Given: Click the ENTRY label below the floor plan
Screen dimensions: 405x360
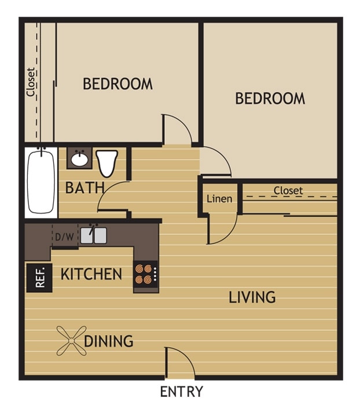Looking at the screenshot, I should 181,392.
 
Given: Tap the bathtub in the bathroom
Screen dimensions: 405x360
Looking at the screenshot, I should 41,181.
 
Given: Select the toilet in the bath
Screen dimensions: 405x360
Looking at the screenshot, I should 107,163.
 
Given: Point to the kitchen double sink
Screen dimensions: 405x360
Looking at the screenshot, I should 93,235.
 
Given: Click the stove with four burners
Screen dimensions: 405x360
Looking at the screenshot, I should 145,274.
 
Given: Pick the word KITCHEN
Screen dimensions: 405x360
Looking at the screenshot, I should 91,274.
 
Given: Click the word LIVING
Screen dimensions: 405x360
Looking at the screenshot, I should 252,297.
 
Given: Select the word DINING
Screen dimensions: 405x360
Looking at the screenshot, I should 109,341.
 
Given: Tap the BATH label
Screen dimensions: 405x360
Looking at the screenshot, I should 85,188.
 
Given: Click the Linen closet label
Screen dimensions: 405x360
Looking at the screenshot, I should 219,199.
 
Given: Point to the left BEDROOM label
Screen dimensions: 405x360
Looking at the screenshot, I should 117,84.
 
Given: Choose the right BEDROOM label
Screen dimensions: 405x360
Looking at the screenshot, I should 270,98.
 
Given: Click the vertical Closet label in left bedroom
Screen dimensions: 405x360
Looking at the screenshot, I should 31,82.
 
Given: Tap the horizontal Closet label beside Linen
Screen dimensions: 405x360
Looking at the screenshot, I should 288,190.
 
